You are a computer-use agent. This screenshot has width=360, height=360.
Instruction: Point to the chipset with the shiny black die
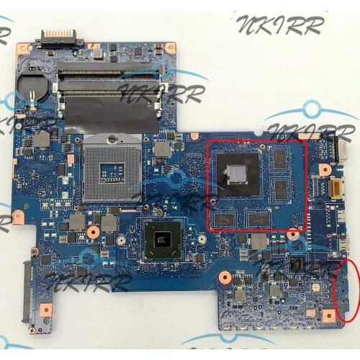pos(163,238)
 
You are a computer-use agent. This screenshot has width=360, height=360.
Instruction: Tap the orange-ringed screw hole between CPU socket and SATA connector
pos(92,232)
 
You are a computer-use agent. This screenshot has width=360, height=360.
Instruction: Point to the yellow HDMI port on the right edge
pos(336,191)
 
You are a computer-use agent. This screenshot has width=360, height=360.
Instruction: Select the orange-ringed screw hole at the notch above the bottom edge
pos(225,276)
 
